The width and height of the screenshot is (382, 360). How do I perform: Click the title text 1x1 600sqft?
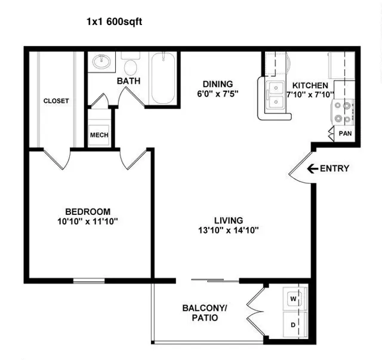coord(114,21)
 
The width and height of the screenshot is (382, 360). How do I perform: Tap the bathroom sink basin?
coord(101,61)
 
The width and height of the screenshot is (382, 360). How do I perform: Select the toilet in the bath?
coord(130,64)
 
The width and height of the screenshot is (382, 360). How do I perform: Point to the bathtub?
coord(163,78)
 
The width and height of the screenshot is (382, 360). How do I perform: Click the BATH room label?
coord(129,81)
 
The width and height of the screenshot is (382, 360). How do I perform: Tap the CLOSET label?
coord(56,101)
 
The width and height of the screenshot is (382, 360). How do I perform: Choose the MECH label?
coord(99,135)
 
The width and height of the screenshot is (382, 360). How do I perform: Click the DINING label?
coord(218,84)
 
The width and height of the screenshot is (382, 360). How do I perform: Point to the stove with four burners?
coord(343,112)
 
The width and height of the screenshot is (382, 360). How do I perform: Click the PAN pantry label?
coord(345,134)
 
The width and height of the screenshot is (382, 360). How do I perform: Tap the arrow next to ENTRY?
coord(313,168)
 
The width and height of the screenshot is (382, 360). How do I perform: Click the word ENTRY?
coord(334,168)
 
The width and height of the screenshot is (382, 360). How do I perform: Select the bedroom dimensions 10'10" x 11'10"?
coord(88,221)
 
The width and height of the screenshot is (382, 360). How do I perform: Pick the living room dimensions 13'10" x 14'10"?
coord(228,230)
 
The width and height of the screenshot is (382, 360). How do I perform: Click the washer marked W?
coord(294,299)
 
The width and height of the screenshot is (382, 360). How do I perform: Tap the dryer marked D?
coord(294,324)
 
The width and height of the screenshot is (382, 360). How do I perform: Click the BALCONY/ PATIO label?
coord(205,313)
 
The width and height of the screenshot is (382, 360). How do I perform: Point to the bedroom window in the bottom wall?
coord(89,281)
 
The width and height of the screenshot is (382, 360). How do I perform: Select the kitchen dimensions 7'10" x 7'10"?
coord(310,94)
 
